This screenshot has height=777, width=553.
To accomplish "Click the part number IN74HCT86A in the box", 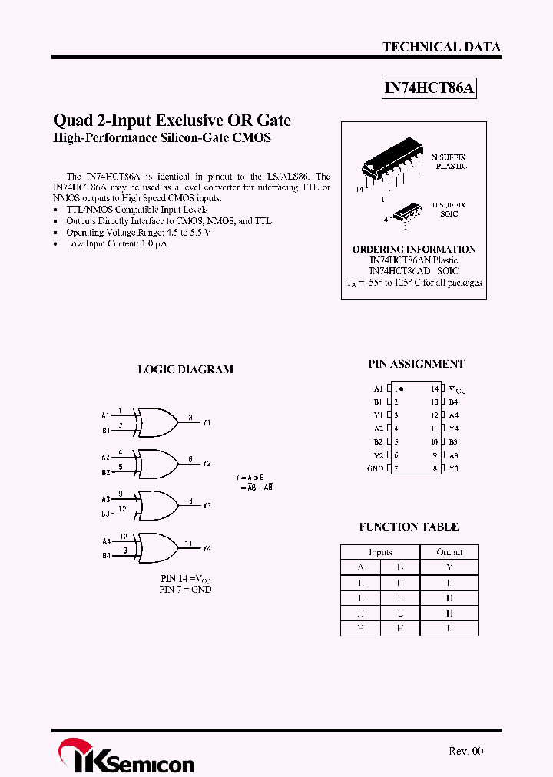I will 430,88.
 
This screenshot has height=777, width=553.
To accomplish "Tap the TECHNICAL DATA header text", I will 442,47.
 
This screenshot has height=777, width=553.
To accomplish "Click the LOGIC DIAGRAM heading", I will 185,369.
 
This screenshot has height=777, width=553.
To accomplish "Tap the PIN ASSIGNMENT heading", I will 416,364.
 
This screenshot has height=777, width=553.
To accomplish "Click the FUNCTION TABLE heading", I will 409,527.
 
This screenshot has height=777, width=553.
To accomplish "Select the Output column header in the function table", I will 449,552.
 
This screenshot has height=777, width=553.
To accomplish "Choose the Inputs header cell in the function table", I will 380,552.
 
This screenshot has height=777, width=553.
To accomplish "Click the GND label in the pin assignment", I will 375,468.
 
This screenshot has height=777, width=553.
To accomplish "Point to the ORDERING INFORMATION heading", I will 414,250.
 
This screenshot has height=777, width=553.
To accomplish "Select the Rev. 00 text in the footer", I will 465,751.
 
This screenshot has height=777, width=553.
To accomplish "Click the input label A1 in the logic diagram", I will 106,415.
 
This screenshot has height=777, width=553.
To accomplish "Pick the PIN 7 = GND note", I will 185,590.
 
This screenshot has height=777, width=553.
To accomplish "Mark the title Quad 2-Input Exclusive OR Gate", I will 172,121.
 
